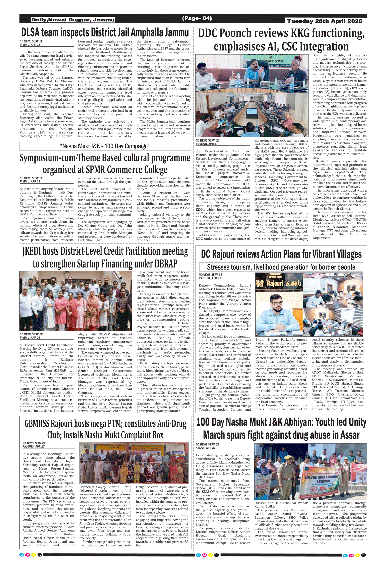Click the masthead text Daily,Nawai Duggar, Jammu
(x=73, y=20)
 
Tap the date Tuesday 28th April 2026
(x=325, y=21)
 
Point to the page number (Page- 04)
(x=197, y=18)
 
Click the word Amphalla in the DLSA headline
(x=147, y=33)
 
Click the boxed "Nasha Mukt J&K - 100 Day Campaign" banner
(x=105, y=146)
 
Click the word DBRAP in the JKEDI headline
(x=166, y=264)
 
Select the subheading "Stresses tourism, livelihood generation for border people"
(x=281, y=267)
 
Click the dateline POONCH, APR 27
(x=207, y=144)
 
